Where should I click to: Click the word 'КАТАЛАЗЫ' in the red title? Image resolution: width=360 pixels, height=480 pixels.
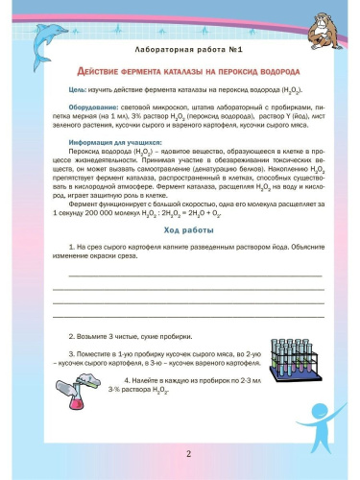[175, 72]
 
